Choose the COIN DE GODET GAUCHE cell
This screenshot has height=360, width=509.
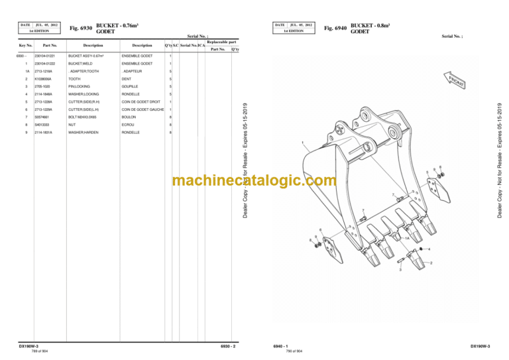tap(143, 109)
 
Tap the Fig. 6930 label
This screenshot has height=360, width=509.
tap(81, 28)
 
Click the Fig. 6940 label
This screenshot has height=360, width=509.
tap(335, 28)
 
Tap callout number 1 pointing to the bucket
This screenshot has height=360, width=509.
tap(303, 144)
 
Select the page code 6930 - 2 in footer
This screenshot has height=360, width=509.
tap(227, 345)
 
